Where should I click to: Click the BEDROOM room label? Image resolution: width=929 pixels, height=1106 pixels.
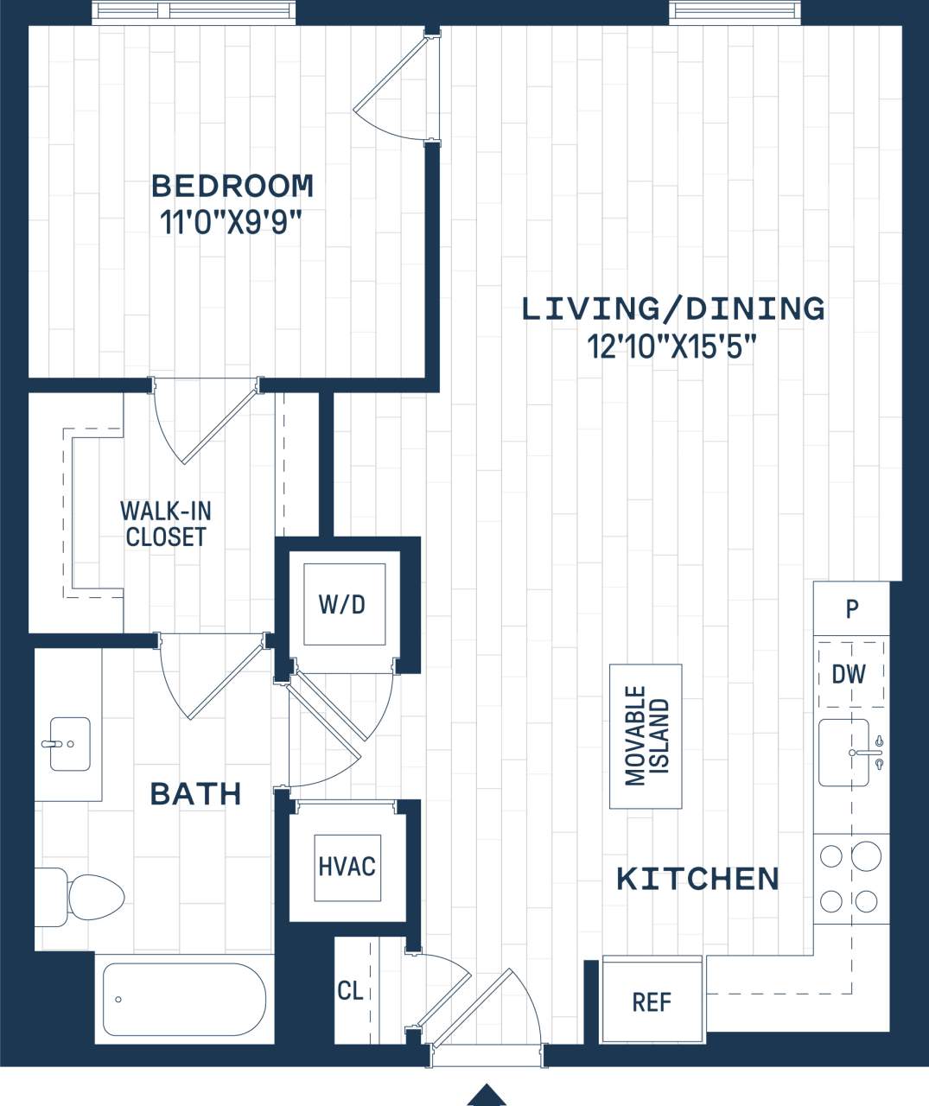pos(232,186)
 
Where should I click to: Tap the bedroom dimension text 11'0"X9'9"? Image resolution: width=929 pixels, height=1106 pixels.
pos(231,223)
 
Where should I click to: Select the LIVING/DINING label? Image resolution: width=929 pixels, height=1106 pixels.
pos(673,308)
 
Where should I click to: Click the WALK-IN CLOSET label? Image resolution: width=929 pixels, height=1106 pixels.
pos(165,524)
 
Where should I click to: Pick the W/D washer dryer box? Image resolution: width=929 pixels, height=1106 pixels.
pos(343,604)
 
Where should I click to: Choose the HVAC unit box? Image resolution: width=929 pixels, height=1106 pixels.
pos(347,867)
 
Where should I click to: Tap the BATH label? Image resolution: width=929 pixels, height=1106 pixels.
pos(195,793)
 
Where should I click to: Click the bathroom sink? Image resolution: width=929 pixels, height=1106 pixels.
pos(69,743)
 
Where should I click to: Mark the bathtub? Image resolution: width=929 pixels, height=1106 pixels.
pos(183,999)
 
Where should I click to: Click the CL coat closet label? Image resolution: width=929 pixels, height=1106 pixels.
pos(350,991)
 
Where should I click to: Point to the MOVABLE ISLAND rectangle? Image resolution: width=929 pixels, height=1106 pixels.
pos(646,736)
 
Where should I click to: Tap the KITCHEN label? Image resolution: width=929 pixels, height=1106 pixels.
pos(697,879)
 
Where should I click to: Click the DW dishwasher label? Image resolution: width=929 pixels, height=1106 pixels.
pos(849,675)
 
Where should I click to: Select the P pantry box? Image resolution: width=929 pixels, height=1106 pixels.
pos(851,609)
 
